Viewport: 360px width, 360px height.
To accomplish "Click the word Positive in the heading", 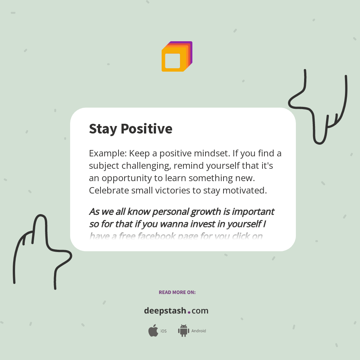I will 147,129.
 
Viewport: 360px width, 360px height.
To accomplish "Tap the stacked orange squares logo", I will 177,57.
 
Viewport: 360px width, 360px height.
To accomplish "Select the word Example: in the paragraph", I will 107,154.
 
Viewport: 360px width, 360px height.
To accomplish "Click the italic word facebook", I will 159,236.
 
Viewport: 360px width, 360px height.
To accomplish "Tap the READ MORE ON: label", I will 177,292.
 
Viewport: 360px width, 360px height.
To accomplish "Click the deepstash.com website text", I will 176,311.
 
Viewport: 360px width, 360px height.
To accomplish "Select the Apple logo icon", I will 153,330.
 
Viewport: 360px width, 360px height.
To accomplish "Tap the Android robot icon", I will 183,330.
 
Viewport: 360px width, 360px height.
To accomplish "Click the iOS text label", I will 163,331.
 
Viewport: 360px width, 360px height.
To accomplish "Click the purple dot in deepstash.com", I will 189,312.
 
